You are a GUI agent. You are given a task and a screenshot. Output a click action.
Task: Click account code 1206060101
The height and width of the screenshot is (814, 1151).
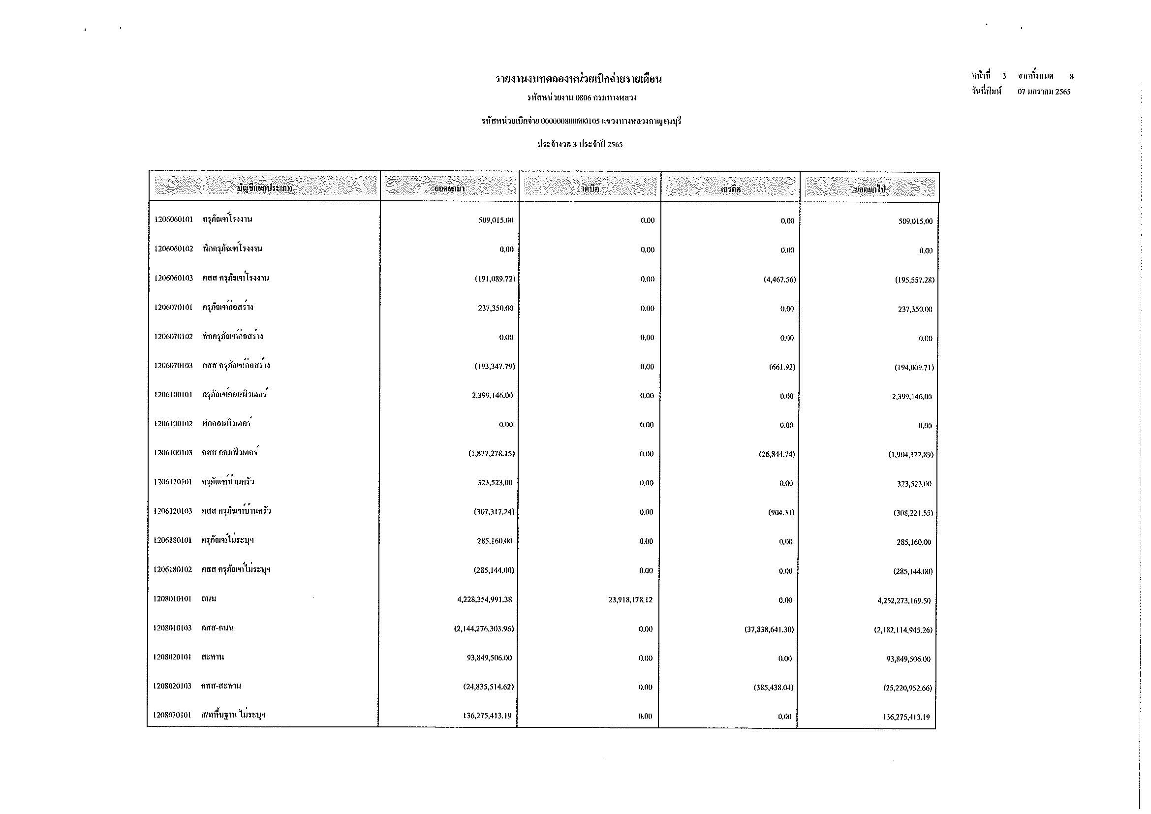point(173,219)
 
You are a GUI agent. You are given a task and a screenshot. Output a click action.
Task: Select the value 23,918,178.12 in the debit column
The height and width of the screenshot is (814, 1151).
point(630,600)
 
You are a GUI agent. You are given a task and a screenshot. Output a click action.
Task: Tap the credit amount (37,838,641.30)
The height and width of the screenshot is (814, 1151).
point(769,629)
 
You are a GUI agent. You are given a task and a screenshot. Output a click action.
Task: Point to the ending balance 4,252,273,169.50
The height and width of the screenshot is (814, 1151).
point(904,601)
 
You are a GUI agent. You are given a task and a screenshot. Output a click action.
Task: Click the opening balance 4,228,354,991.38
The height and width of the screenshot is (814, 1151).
point(484,599)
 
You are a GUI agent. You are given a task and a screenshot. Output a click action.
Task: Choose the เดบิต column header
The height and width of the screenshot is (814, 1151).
point(590,189)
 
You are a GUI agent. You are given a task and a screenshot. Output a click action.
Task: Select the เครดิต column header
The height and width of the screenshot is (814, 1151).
point(730,189)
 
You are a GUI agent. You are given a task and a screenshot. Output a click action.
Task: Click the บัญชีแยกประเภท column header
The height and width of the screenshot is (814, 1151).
point(265,188)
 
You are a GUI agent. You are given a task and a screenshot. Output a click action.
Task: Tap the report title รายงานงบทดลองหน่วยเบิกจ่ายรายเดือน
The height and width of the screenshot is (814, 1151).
point(579,79)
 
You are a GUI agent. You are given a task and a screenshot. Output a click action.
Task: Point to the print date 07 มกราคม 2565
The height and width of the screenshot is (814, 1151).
point(1044,92)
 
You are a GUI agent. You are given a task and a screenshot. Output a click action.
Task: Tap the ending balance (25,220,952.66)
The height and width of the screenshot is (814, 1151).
point(907,688)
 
